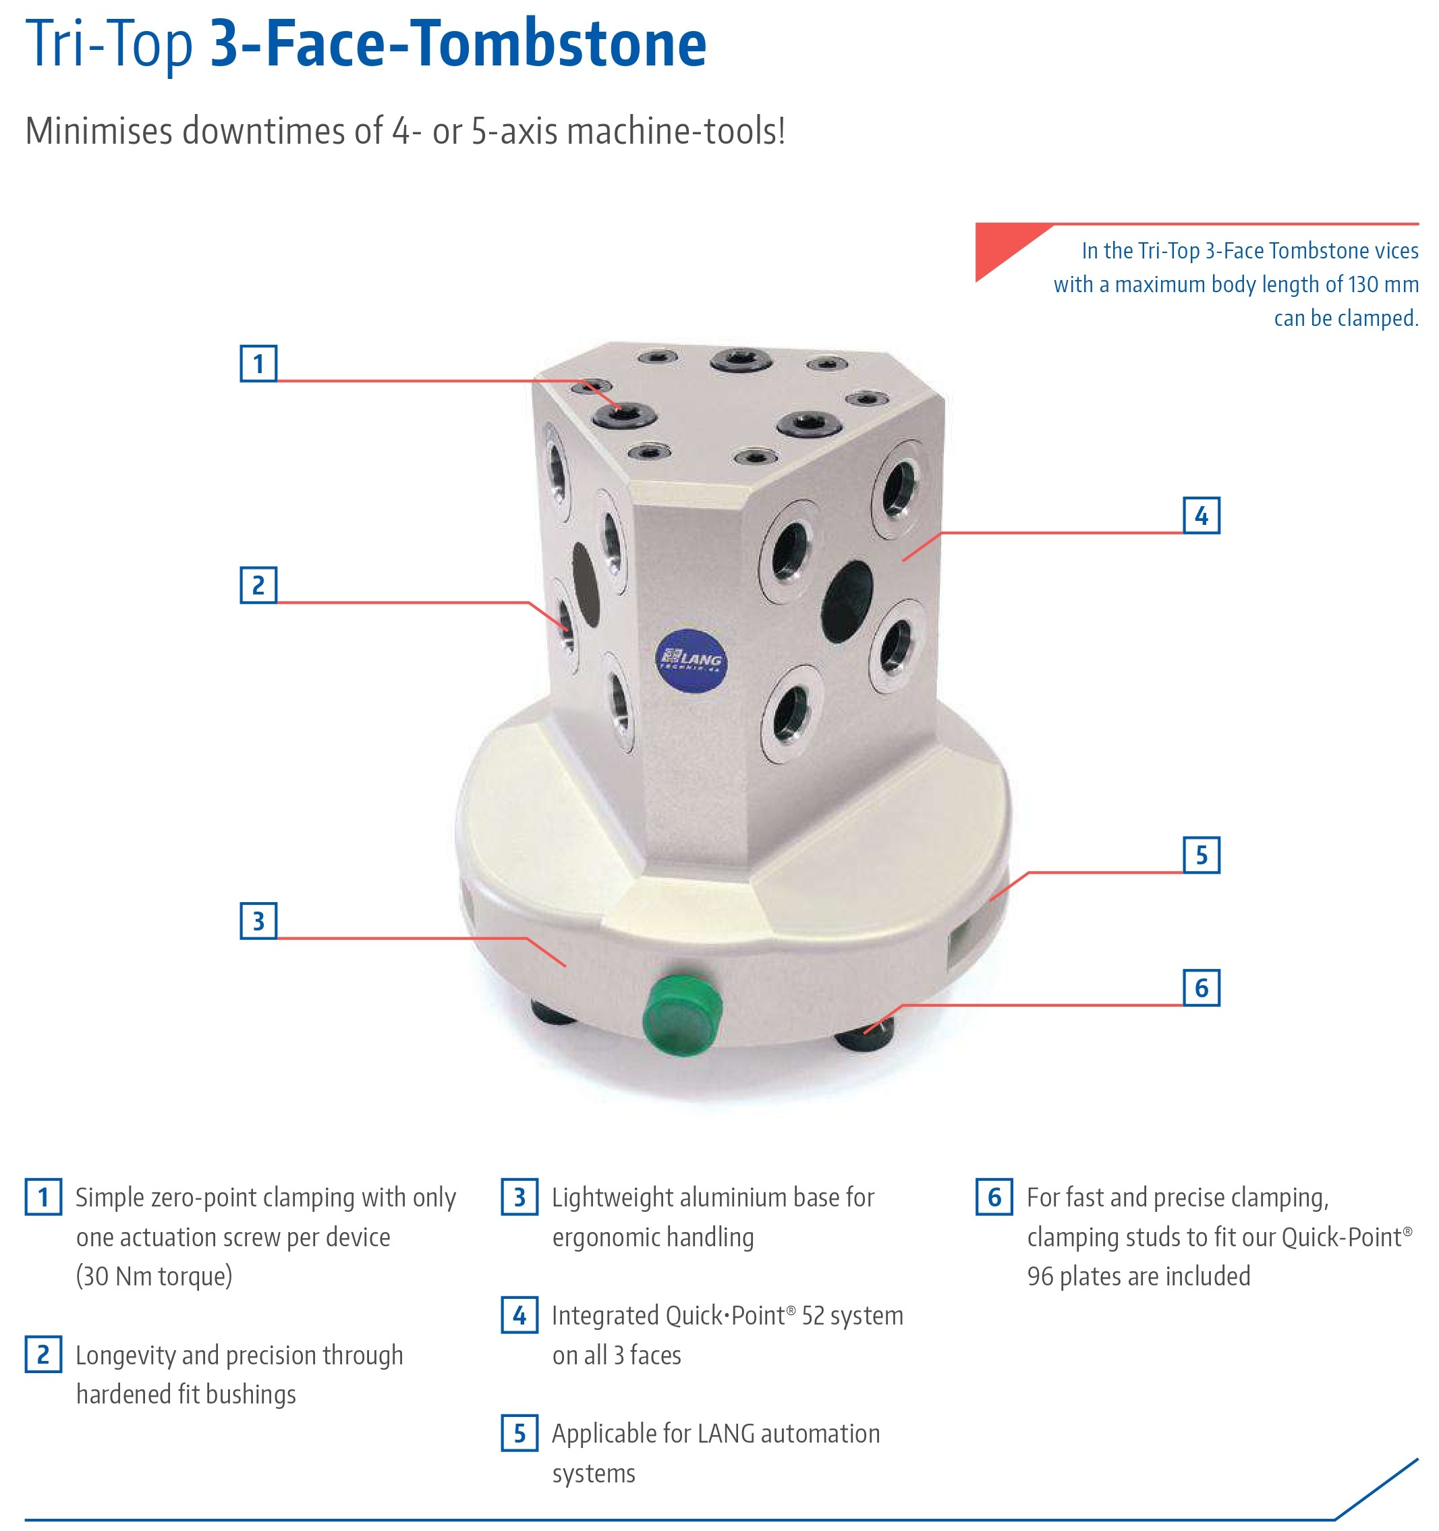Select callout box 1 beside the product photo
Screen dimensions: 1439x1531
click(x=258, y=364)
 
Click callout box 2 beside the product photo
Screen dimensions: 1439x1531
click(x=258, y=585)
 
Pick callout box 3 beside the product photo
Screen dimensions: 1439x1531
click(x=258, y=921)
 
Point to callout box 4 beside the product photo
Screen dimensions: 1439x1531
click(x=1201, y=516)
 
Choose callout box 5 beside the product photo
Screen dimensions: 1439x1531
click(x=1201, y=855)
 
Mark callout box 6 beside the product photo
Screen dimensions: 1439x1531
click(x=1201, y=987)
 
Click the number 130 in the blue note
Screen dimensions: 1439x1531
click(x=1363, y=284)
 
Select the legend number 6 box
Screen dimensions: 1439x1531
click(x=994, y=1197)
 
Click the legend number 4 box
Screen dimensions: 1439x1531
click(x=519, y=1314)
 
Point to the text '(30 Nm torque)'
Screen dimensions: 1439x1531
click(x=154, y=1277)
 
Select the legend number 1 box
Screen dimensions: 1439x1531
click(x=43, y=1197)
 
